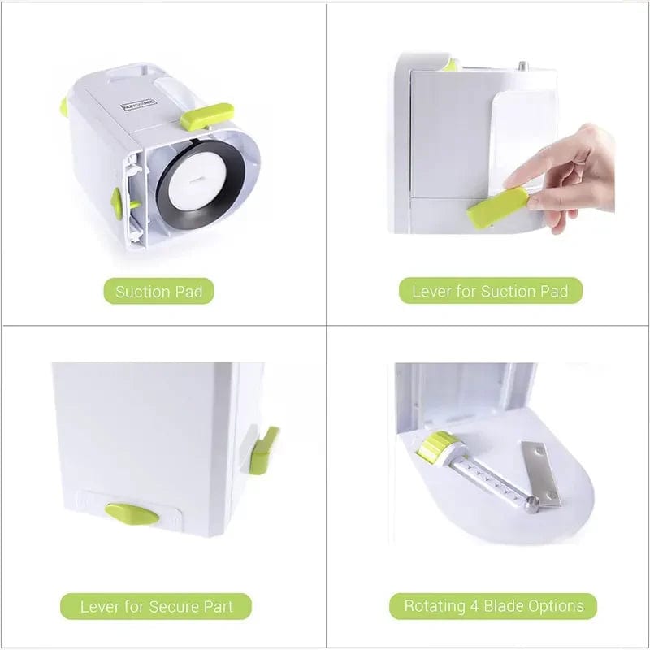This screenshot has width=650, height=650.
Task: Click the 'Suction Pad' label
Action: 158,292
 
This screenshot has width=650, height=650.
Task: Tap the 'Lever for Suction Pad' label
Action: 490,292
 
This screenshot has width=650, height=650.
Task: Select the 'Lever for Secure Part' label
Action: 155,606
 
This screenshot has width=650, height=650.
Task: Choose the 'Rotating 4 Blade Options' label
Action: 493,606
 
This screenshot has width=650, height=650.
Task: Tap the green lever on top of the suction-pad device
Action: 206,116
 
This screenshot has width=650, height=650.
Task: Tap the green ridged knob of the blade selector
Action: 437,447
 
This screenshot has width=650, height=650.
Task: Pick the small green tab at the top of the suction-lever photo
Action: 449,65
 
